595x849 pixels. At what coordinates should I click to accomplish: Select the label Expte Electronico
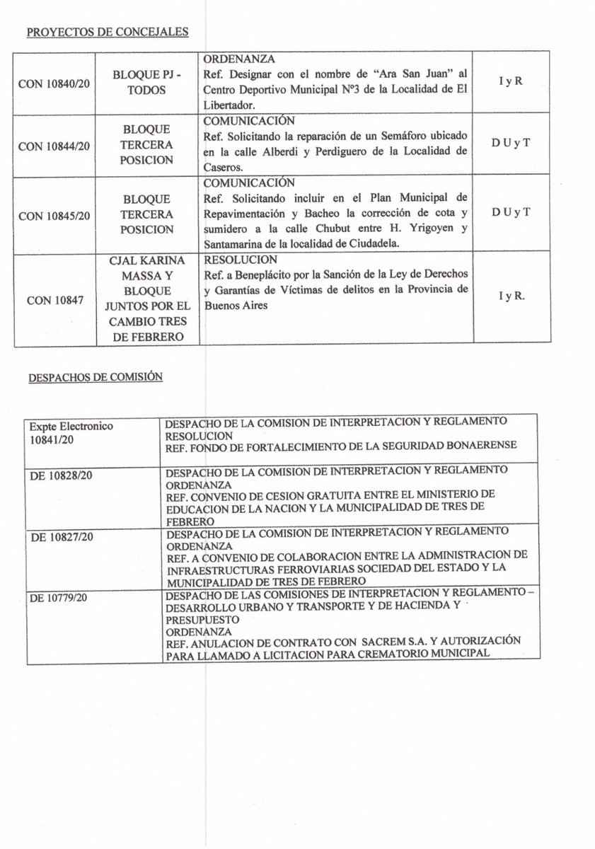click(x=71, y=427)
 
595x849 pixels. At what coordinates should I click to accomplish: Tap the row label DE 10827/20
click(x=62, y=537)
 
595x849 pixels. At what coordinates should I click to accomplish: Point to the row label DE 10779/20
click(x=62, y=599)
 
